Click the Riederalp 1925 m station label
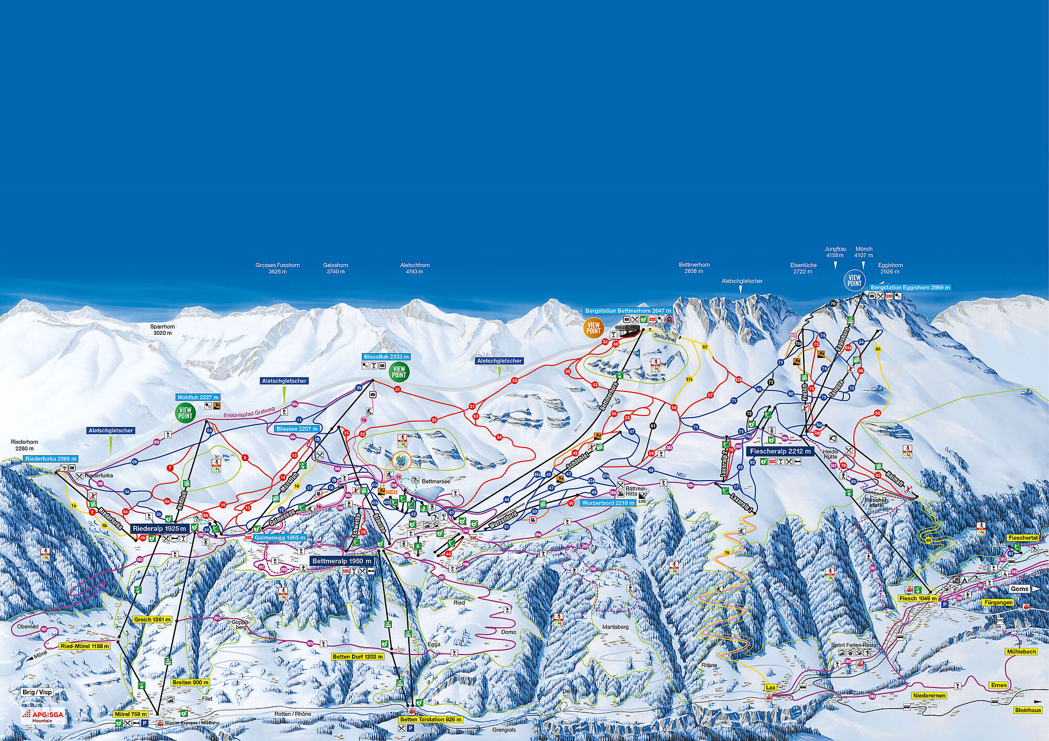(159, 529)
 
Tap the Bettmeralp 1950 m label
(341, 561)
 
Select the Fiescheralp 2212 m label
(780, 451)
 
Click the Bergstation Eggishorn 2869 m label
(910, 288)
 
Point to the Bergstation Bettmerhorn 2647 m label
(628, 311)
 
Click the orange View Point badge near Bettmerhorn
(593, 328)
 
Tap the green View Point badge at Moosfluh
(399, 372)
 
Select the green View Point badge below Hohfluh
(185, 413)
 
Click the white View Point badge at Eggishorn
(854, 280)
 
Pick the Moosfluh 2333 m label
(386, 357)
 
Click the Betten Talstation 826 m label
(431, 720)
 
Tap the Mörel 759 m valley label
(131, 714)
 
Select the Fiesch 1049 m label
(918, 598)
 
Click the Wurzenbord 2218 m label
(608, 503)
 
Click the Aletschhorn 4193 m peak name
(414, 268)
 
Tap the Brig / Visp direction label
(37, 692)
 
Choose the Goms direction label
(1020, 589)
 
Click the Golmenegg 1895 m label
(280, 538)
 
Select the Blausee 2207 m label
(297, 429)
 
